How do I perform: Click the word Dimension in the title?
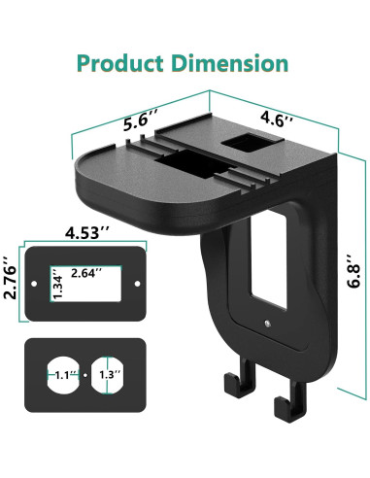pyautogui.click(x=232, y=64)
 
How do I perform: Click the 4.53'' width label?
pyautogui.click(x=87, y=232)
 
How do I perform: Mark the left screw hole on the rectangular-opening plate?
pyautogui.click(x=38, y=284)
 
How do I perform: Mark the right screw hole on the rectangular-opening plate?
pyautogui.click(x=136, y=284)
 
